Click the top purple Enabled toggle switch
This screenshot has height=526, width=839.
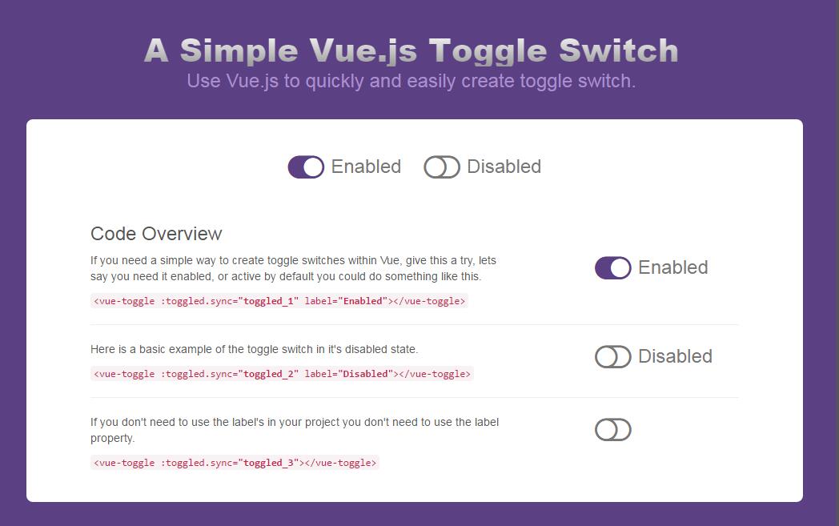click(306, 167)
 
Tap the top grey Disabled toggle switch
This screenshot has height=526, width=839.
click(442, 167)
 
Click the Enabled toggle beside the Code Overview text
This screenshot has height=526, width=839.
click(613, 267)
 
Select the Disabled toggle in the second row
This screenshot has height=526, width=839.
click(613, 356)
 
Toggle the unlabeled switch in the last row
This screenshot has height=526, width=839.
click(613, 430)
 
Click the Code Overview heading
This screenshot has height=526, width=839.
click(156, 234)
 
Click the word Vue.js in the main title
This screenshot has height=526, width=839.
click(363, 50)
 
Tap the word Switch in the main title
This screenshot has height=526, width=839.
click(618, 50)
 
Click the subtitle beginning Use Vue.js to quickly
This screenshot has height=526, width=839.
click(411, 81)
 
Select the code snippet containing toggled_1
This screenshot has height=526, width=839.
click(279, 301)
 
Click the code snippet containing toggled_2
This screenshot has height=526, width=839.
click(282, 374)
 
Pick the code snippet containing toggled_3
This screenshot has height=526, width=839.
click(235, 463)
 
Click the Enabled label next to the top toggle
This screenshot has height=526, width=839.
click(366, 167)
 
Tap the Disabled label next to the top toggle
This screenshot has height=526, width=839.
click(504, 167)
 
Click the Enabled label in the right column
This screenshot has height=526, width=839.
click(672, 267)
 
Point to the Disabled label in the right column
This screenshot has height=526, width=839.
click(675, 356)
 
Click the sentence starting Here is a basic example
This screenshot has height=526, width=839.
click(254, 349)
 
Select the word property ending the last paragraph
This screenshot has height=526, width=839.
click(112, 438)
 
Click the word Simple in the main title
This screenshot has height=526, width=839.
click(239, 50)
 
